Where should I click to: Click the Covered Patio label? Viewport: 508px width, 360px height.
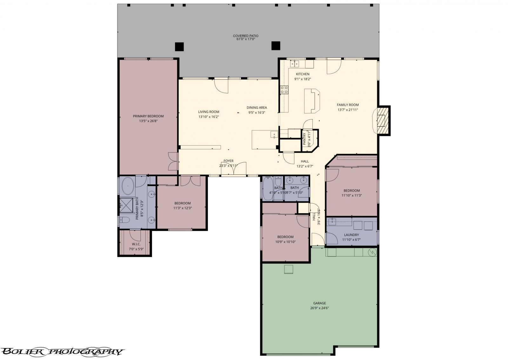[245, 36]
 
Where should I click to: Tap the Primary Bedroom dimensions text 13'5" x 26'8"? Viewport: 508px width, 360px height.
[148, 121]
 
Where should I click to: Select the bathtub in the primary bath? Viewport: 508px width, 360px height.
[128, 186]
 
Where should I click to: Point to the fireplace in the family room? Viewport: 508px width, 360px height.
[382, 120]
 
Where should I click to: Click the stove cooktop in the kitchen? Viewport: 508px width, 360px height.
[284, 90]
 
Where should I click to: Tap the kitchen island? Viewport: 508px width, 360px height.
[312, 101]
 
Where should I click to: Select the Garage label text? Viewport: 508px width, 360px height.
[319, 303]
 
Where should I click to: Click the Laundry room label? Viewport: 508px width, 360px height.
[351, 235]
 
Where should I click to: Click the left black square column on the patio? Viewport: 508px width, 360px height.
[179, 47]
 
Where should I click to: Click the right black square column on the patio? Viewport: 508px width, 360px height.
[276, 46]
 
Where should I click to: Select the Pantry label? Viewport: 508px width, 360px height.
[304, 139]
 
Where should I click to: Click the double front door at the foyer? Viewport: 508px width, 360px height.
[234, 169]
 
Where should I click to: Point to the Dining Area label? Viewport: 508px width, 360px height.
[257, 107]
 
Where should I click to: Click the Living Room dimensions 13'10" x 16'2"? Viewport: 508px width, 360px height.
[209, 117]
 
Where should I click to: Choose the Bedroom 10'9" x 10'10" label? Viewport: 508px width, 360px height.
[285, 237]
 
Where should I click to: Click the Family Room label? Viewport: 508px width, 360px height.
[348, 105]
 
